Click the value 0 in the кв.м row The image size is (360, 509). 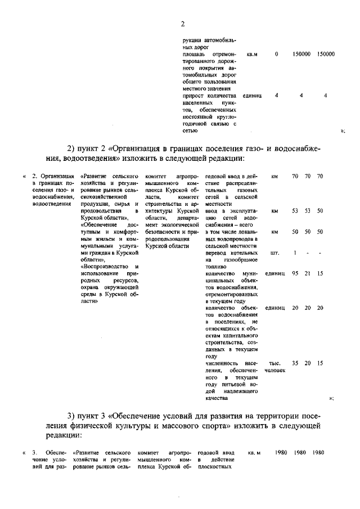276,55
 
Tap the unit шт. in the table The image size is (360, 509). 274,253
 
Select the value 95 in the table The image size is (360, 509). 295,273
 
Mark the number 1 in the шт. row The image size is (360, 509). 295,253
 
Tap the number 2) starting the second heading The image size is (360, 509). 72,148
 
